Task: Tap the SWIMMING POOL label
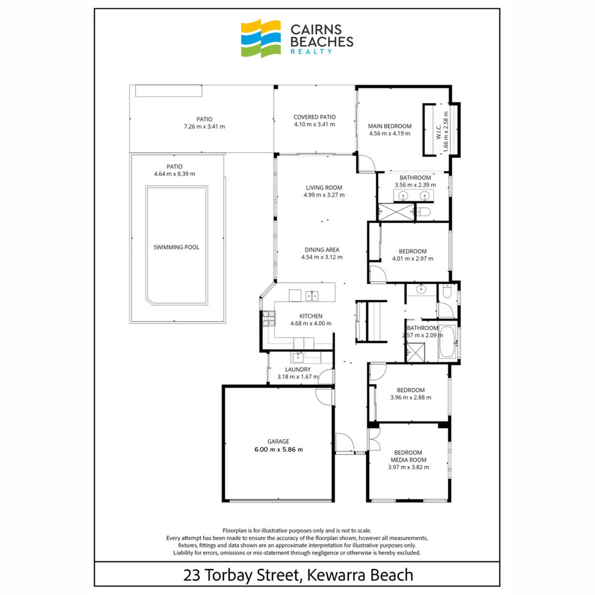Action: [x=176, y=247]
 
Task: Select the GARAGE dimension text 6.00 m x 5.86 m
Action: [x=278, y=449]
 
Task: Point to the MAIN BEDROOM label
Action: [x=390, y=126]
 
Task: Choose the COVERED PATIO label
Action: [x=315, y=117]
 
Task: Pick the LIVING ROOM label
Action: [x=324, y=187]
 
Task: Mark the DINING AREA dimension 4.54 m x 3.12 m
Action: [x=322, y=257]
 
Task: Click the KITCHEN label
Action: [x=311, y=316]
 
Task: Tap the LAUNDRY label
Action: [x=298, y=370]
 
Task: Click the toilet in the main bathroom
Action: [x=424, y=212]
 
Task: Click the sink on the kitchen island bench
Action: [x=312, y=295]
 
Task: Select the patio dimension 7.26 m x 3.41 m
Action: [x=204, y=127]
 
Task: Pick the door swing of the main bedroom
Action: [x=368, y=163]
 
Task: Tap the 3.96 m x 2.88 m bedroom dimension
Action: [x=410, y=397]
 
